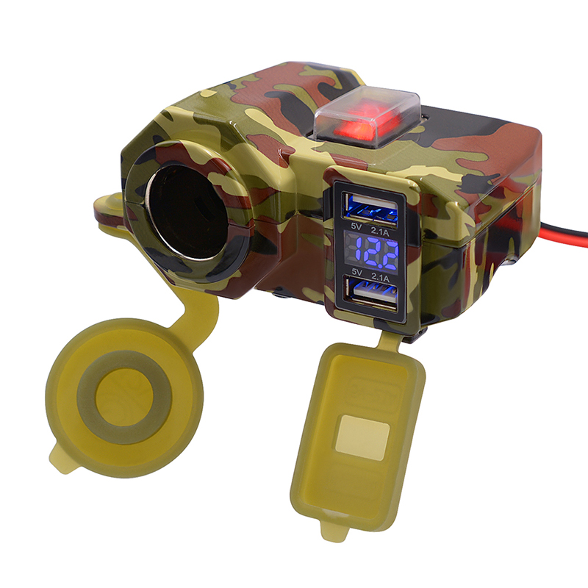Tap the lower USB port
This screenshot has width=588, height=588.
pyautogui.click(x=371, y=295)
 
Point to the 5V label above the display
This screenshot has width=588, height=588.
pyautogui.click(x=356, y=226)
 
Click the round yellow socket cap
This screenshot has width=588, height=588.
pyautogui.click(x=124, y=398)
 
